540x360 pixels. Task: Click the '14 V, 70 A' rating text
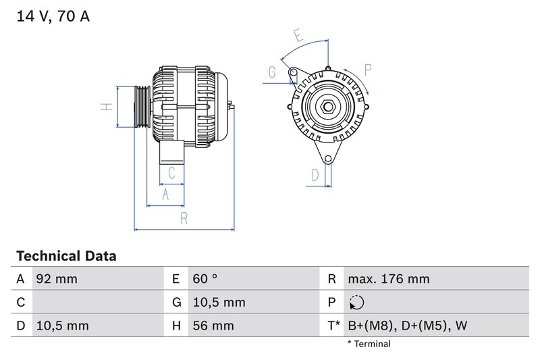53,16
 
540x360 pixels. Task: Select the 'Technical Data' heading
65,256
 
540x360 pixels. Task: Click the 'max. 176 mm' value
388,279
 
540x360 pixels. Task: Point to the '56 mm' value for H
212,326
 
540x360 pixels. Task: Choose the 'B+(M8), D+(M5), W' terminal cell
407,326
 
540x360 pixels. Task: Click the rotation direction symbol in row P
356,303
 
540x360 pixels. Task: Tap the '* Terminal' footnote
369,344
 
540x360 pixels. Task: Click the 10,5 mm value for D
62,326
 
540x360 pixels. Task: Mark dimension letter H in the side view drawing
106,107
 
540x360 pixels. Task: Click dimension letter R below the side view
184,217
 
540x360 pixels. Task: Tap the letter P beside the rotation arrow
368,69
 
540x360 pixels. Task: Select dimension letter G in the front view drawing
272,72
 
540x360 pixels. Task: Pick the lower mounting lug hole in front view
329,159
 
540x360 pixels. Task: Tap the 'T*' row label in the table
333,326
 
